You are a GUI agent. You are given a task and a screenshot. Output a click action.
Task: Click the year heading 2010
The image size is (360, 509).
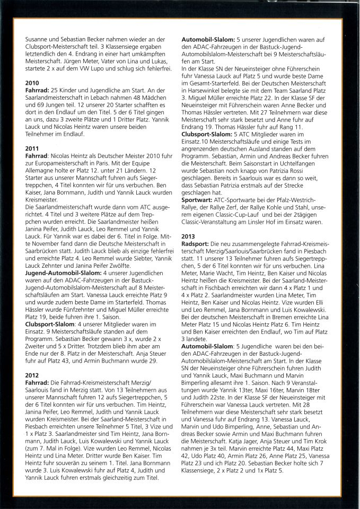32,83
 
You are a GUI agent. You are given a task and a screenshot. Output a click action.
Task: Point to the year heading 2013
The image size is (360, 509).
189,236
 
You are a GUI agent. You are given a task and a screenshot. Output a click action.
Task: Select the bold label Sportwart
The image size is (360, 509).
198,201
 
